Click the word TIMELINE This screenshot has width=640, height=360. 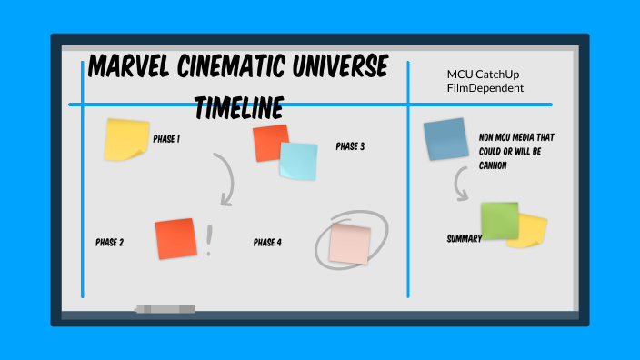[237, 108]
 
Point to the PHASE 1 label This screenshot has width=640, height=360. [166, 139]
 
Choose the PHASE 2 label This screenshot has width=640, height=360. [109, 243]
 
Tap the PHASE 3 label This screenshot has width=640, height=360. [350, 145]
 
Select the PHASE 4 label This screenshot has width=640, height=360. [267, 243]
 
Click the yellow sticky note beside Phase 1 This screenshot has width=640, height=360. [126, 139]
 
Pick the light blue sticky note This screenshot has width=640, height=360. [299, 162]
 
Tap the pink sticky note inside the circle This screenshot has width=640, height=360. [350, 244]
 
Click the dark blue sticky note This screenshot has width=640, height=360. [445, 139]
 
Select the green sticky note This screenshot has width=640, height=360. [499, 220]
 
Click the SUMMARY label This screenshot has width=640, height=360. [464, 238]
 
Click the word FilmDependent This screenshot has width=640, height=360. [485, 88]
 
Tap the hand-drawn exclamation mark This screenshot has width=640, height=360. [210, 240]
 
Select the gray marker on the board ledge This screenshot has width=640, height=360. [165, 309]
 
